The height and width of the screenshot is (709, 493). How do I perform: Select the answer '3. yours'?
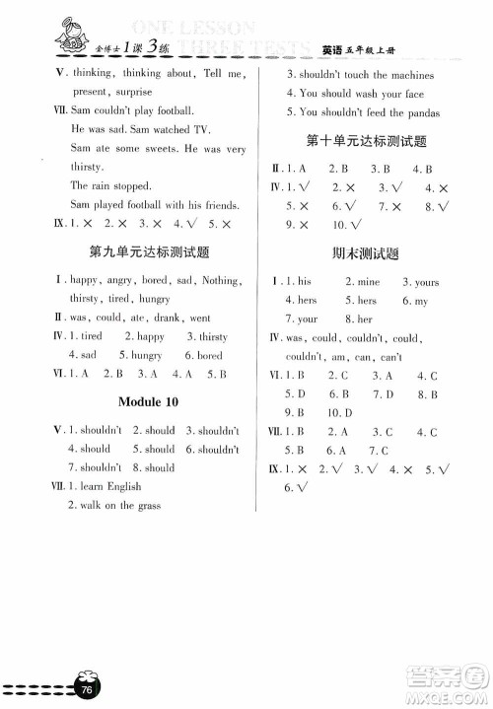[x=420, y=282]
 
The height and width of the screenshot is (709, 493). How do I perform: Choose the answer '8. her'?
[x=357, y=319]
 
